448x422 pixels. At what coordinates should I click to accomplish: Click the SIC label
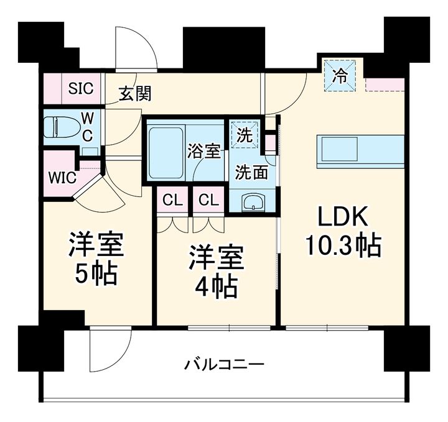click(x=81, y=89)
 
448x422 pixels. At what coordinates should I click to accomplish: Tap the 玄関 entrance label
click(x=135, y=94)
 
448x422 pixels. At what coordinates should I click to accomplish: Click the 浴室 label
click(x=204, y=151)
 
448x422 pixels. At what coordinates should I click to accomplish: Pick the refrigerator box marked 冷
click(x=340, y=76)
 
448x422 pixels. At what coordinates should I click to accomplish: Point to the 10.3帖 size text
click(x=342, y=247)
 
